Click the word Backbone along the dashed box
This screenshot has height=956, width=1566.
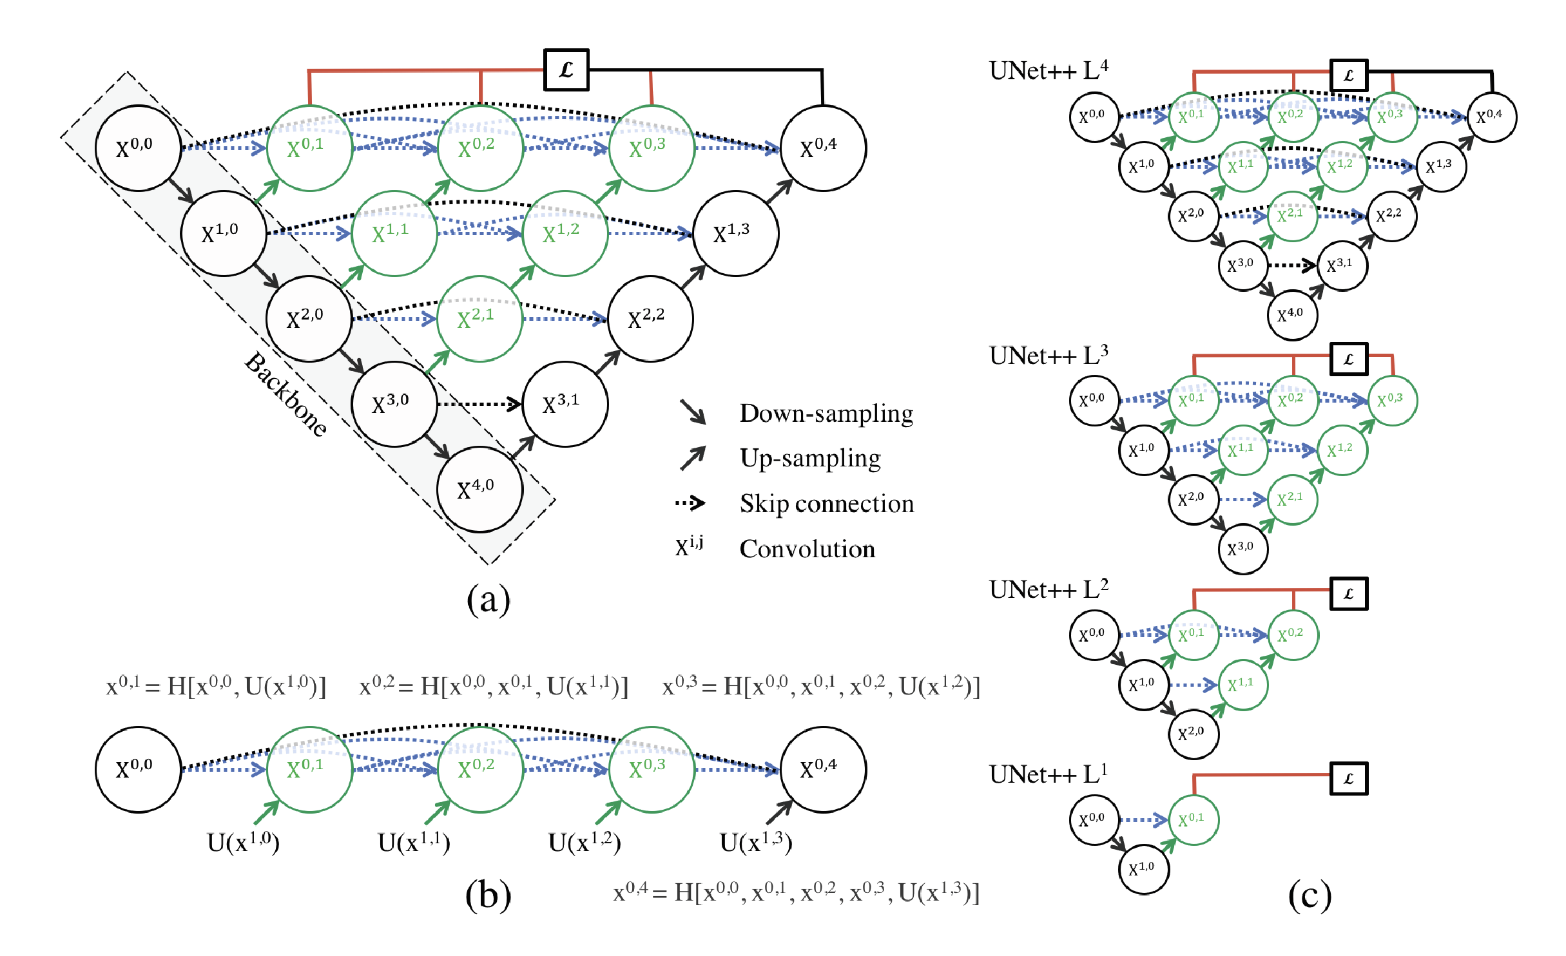[285, 394]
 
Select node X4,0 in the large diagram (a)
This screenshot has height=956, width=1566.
[479, 490]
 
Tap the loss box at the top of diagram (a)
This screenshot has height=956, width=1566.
[566, 70]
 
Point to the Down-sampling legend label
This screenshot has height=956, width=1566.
[826, 414]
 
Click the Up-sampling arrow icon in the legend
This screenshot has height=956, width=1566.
[693, 458]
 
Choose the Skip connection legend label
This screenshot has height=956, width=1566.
[826, 504]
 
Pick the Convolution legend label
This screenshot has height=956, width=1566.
[807, 549]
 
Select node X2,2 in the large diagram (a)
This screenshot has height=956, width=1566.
[650, 319]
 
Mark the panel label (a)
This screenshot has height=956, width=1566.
[488, 600]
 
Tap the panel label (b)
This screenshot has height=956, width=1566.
[488, 895]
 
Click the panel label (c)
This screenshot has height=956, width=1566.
[1310, 895]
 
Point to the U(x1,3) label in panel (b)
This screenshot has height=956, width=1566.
[755, 842]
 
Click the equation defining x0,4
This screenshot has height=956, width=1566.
[796, 892]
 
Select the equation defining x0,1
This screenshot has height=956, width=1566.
[216, 687]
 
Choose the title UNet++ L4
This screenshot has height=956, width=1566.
[1049, 71]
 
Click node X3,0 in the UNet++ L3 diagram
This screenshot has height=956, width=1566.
[1243, 549]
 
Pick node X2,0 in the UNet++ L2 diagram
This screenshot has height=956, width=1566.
[1194, 734]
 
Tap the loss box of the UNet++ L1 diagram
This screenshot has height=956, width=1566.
[1349, 779]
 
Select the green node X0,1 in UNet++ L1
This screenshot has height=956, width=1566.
[1194, 820]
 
